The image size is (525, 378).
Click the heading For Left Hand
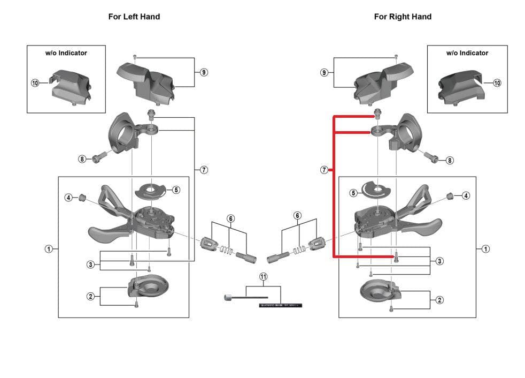(134, 17)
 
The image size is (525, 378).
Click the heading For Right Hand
(403, 17)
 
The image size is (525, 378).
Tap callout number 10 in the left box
(35, 83)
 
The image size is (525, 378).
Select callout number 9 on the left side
(204, 72)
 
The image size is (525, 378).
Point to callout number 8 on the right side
(450, 160)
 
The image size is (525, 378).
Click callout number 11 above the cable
(263, 276)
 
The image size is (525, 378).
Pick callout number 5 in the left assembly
(176, 190)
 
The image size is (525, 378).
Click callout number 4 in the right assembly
(466, 195)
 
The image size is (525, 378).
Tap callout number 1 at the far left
(49, 248)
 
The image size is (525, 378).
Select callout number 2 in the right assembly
(439, 300)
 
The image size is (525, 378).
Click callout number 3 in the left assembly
(91, 264)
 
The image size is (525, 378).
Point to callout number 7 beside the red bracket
(324, 170)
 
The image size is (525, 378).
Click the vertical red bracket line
(334, 187)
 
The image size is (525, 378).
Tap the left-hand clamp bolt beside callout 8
(98, 159)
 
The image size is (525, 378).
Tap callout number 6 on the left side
(230, 218)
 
